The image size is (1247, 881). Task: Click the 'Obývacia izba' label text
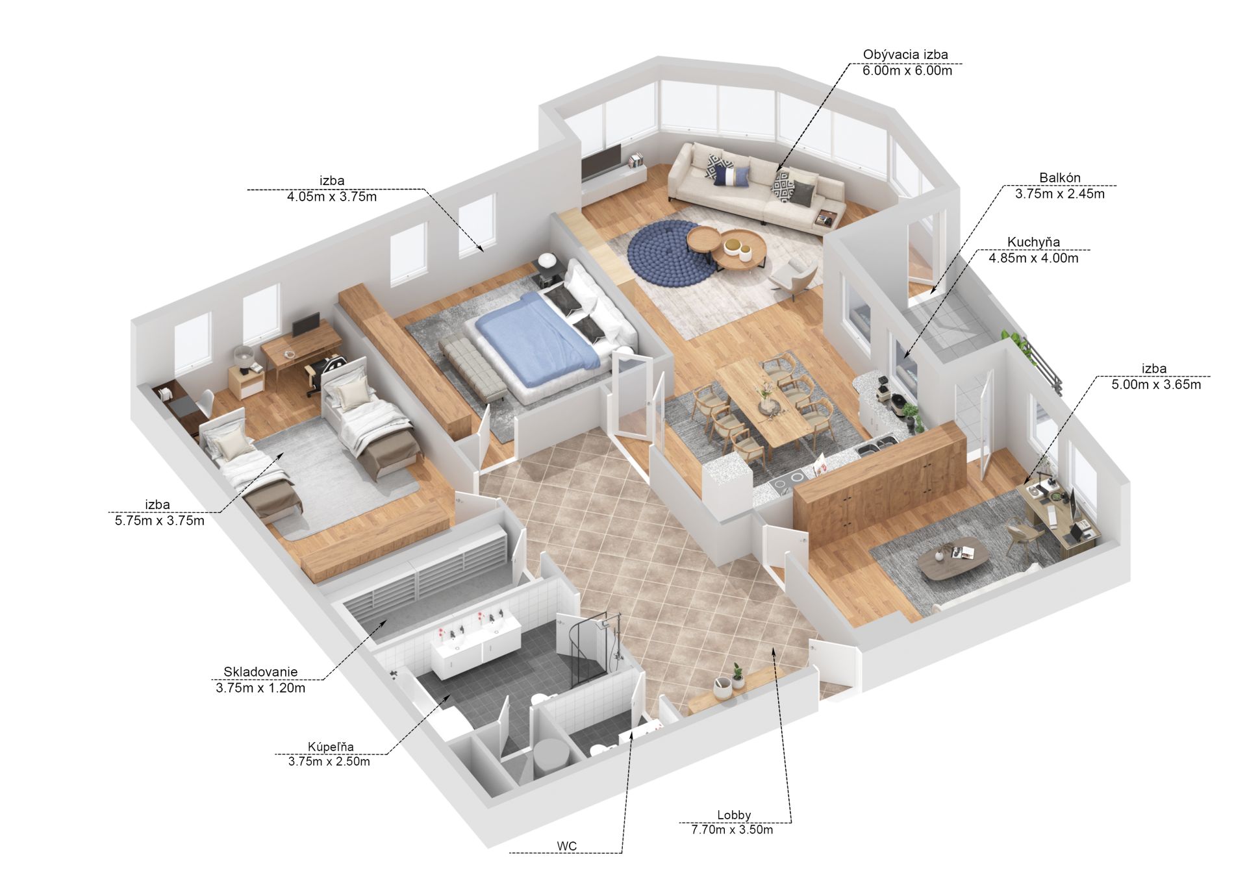tap(905, 55)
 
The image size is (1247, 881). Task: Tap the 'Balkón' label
tap(1059, 178)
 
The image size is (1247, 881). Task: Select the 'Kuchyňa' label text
tap(1033, 242)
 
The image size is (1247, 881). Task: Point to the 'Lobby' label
tap(734, 815)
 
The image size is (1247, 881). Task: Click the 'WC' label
tap(566, 846)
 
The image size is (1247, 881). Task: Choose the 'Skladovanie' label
tap(260, 672)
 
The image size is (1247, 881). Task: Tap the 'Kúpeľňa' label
tap(331, 747)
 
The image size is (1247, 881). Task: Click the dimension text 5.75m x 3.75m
tap(159, 520)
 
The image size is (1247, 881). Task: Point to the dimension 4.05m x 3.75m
tap(332, 196)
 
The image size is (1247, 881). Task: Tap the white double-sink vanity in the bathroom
tap(477, 643)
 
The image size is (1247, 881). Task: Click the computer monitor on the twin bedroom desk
tap(305, 324)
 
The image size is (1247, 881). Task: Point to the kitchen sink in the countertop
tap(875, 445)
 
